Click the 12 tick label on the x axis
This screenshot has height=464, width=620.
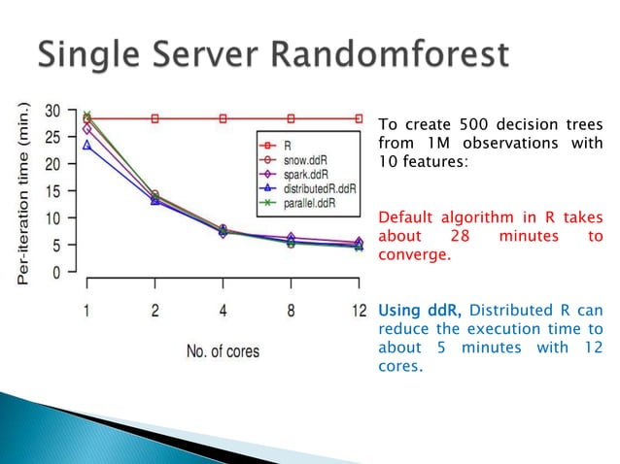(358, 312)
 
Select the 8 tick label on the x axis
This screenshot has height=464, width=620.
(290, 312)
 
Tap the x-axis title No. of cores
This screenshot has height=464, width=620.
(223, 350)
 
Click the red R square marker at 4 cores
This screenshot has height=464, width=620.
(223, 118)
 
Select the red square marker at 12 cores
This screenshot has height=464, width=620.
(358, 118)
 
